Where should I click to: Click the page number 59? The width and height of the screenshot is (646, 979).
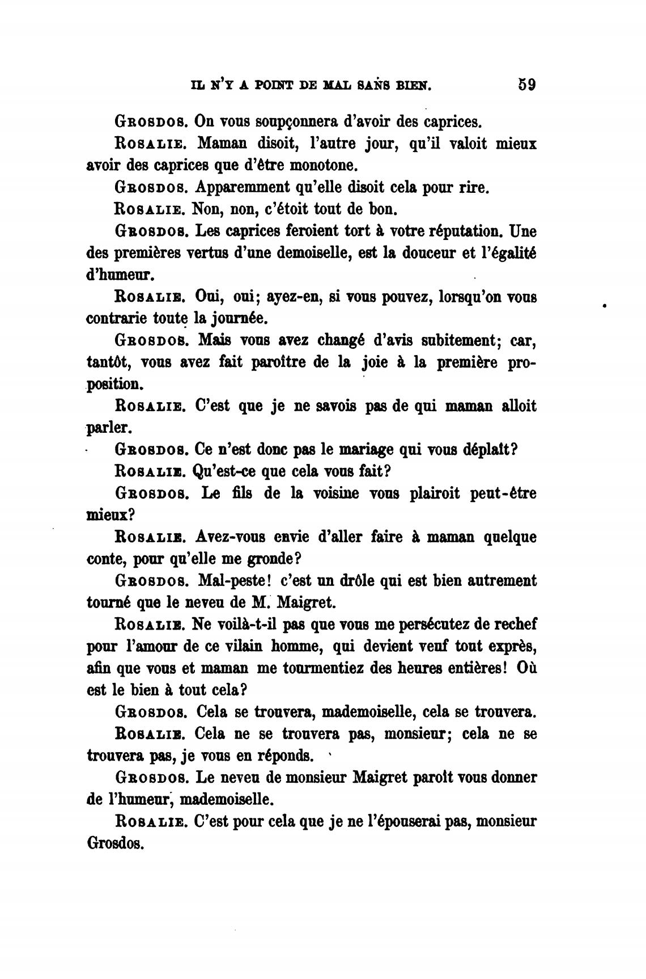point(526,85)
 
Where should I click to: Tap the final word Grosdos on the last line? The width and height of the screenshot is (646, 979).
point(116,843)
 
